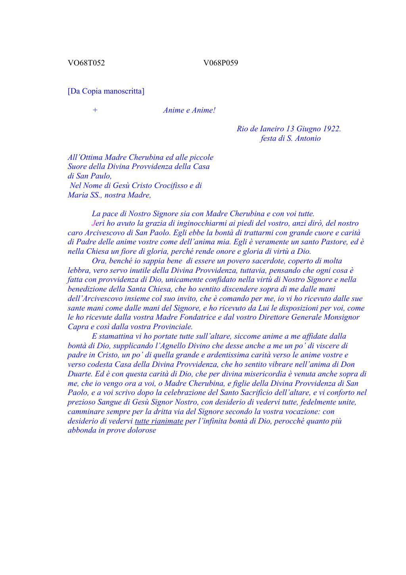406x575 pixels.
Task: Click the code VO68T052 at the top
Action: pyautogui.click(x=86, y=63)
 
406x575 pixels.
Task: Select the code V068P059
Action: pyautogui.click(x=220, y=63)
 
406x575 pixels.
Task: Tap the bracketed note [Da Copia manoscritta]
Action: pyautogui.click(x=106, y=91)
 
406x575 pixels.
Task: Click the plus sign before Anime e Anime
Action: pyautogui.click(x=95, y=110)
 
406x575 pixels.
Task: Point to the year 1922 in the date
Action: pyautogui.click(x=331, y=129)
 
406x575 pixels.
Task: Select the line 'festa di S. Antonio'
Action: pyautogui.click(x=290, y=138)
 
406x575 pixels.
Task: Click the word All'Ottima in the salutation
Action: pyautogui.click(x=85, y=157)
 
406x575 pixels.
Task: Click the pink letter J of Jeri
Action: pyautogui.click(x=94, y=223)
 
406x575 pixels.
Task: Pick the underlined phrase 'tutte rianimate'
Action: pyautogui.click(x=159, y=421)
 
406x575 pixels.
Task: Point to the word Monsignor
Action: pyautogui.click(x=341, y=317)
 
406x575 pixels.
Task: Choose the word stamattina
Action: pyautogui.click(x=117, y=336)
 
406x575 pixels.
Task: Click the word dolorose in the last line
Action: pyautogui.click(x=142, y=431)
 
